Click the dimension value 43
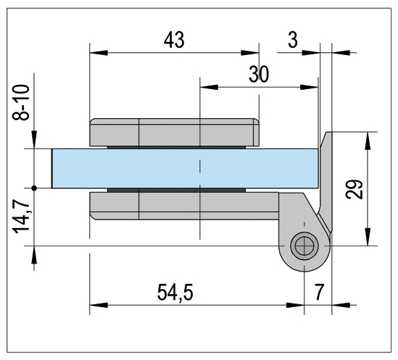[174, 40]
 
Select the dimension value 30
[259, 75]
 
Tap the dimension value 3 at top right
[293, 40]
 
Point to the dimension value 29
[355, 189]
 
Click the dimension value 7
[319, 292]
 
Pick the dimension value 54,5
[175, 293]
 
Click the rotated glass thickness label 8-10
[21, 102]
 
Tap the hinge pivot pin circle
[304, 246]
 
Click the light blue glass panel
[185, 169]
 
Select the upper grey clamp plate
[175, 132]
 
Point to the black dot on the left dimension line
[34, 188]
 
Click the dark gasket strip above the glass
[177, 147]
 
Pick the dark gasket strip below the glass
[177, 190]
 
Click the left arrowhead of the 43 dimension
[99, 53]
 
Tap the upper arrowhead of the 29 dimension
[368, 141]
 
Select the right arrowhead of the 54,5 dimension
[295, 305]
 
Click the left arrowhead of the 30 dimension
[210, 87]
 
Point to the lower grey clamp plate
[184, 206]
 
